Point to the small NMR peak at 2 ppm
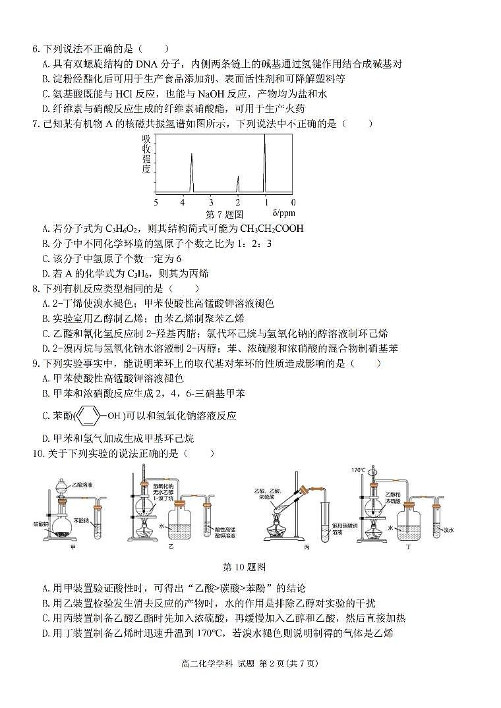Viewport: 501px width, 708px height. point(238,184)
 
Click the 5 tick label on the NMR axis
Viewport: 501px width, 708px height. point(156,202)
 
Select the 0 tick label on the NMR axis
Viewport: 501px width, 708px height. point(293,202)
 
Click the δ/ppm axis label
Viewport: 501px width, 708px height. point(283,213)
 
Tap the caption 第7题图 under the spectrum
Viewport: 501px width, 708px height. point(225,214)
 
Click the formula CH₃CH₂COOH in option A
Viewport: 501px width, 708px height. point(262,229)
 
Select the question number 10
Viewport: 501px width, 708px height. point(37,453)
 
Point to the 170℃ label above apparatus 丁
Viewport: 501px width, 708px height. point(358,470)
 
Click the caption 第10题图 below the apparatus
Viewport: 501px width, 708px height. point(245,566)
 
